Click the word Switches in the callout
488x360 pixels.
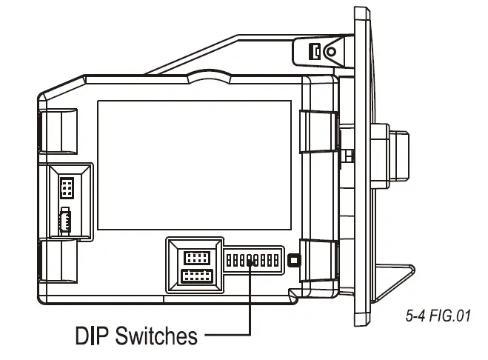coord(156,336)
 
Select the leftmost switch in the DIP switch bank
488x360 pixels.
coord(229,261)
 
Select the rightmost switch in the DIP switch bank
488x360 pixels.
coord(275,261)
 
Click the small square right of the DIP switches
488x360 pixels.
coord(293,260)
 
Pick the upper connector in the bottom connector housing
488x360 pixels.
coord(195,258)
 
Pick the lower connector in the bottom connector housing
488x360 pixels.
coord(195,277)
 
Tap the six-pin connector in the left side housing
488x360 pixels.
coord(67,189)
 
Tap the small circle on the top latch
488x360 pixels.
coord(331,51)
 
